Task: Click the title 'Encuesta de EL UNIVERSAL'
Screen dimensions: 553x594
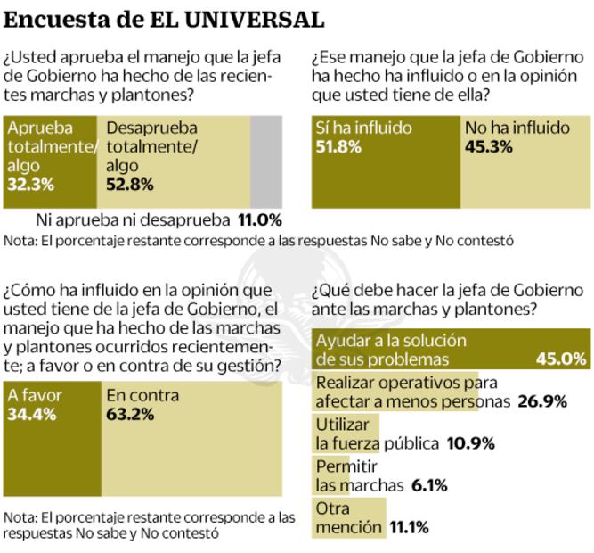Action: [x=164, y=19]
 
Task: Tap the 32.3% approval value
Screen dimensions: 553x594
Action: [x=31, y=185]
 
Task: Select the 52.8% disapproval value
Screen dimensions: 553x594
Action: [x=130, y=185]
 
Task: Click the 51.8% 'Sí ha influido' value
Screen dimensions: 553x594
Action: [x=338, y=147]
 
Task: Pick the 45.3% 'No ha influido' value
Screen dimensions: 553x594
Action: [x=488, y=147]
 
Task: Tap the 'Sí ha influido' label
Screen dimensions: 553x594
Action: [x=363, y=128]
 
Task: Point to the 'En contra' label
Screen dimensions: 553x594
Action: [x=142, y=394]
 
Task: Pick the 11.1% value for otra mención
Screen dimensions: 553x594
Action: [x=409, y=527]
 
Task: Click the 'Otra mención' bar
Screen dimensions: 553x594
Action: [x=348, y=518]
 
